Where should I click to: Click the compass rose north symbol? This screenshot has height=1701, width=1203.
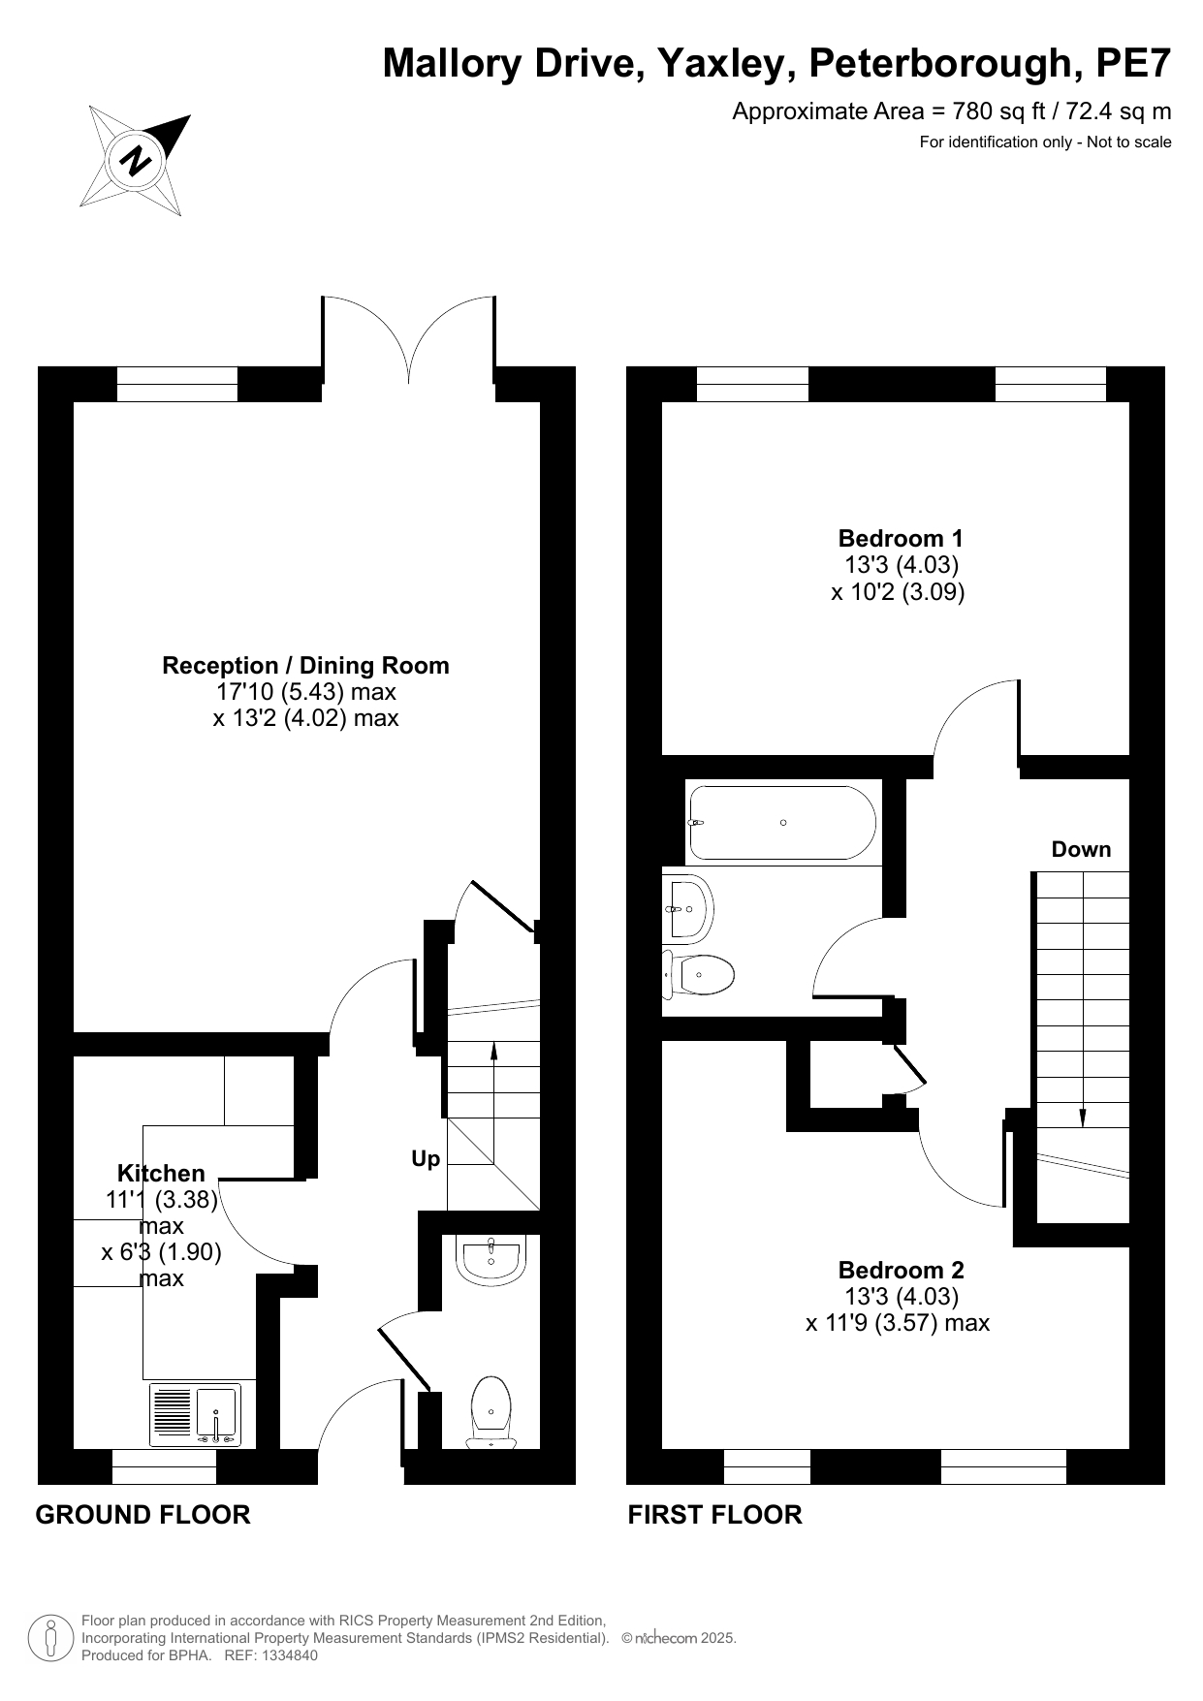(135, 160)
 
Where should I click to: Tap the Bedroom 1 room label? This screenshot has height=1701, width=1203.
(901, 538)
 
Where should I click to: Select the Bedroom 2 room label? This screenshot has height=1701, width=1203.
(901, 1270)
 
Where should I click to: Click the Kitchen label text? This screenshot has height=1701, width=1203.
(161, 1173)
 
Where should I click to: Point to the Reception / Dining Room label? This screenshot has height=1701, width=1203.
(305, 666)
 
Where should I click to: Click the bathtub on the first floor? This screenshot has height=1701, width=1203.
(781, 823)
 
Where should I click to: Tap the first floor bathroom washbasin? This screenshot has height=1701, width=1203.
(689, 909)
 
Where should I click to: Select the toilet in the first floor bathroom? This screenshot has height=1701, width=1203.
(698, 974)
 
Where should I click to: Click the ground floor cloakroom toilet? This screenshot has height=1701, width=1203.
(491, 1411)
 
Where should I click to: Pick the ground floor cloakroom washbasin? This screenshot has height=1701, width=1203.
(491, 1257)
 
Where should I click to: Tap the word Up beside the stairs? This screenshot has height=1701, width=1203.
(426, 1159)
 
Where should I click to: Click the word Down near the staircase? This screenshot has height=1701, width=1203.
(1081, 849)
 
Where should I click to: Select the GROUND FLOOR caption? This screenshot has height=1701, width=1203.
(142, 1515)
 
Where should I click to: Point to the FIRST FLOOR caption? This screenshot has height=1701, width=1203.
(714, 1515)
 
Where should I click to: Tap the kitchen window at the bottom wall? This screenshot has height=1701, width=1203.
(164, 1466)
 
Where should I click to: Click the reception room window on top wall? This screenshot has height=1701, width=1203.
(176, 384)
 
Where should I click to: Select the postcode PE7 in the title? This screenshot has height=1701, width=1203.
(1133, 64)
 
